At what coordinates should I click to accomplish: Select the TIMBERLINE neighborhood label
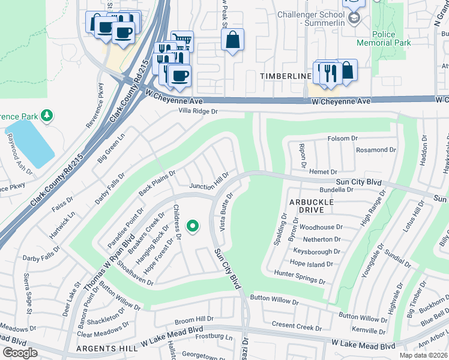(285, 76)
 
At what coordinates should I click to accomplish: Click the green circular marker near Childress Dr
(193, 226)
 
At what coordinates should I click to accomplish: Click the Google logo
(20, 353)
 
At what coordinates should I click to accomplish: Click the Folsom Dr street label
(342, 139)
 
